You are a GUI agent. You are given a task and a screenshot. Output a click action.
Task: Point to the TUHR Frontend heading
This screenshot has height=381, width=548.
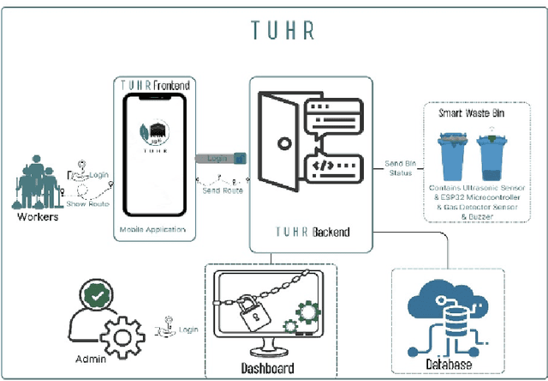[155, 86]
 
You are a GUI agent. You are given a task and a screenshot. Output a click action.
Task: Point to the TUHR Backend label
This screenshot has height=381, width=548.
[313, 233]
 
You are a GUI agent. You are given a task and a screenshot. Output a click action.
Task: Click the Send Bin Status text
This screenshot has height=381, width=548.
[399, 168]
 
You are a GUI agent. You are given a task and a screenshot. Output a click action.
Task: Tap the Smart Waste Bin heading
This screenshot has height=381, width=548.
[476, 112]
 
